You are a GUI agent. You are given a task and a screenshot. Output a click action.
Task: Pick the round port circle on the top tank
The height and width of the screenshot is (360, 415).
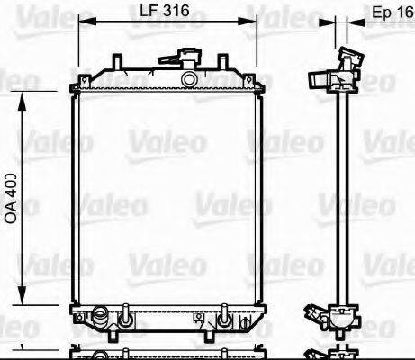[188, 79]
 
